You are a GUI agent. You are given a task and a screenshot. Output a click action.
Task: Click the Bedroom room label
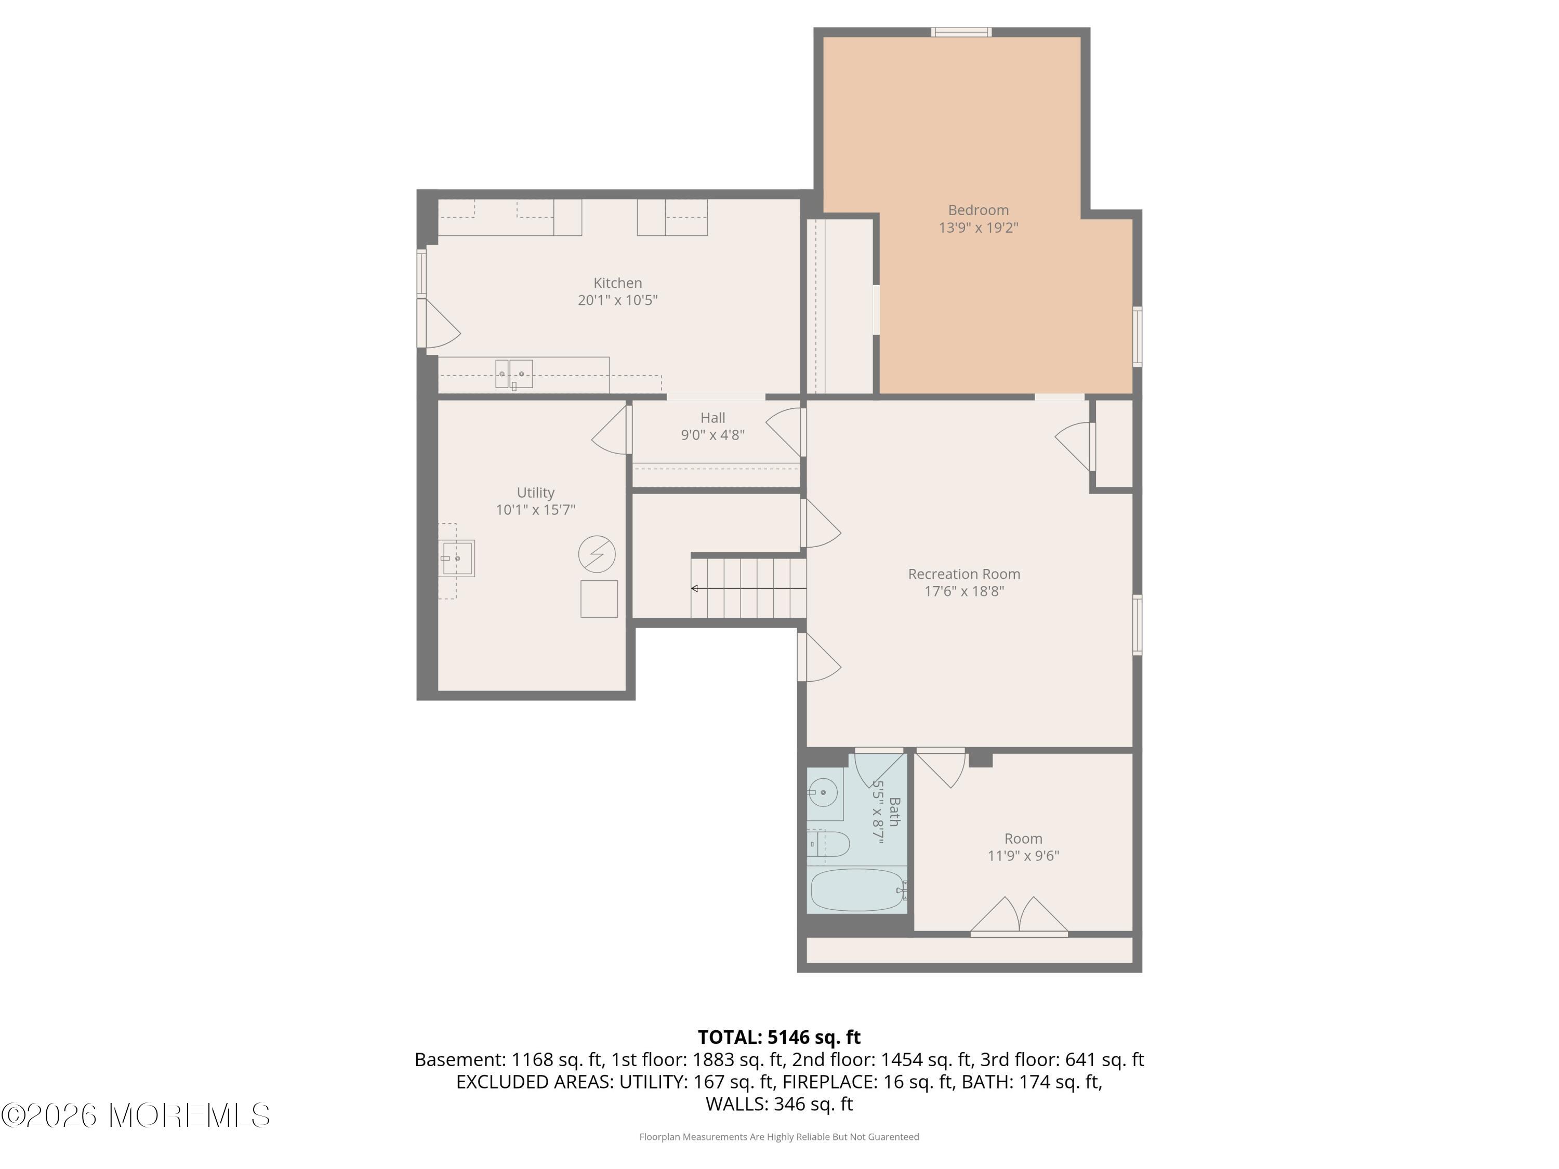(978, 210)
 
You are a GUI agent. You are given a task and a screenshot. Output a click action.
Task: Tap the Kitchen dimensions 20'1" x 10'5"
(617, 300)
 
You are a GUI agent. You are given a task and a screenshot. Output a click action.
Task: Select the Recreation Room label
(964, 574)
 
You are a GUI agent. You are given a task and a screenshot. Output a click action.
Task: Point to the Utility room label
(536, 493)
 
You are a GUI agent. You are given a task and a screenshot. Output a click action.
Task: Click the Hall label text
(712, 418)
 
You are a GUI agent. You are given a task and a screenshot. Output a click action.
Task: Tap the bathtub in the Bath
(857, 890)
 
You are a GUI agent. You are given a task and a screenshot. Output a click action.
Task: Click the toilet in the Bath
(829, 843)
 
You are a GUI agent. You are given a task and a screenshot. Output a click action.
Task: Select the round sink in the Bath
(823, 793)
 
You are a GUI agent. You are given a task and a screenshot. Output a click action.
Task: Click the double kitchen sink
(514, 374)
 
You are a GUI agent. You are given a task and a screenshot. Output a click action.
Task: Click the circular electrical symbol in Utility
(597, 554)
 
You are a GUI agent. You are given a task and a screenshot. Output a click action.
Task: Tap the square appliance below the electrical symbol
(599, 599)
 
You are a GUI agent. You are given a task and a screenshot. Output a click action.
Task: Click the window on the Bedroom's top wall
(961, 32)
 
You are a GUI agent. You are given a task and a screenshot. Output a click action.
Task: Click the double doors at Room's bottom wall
(1019, 916)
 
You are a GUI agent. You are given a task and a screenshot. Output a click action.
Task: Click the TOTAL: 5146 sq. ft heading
(780, 1037)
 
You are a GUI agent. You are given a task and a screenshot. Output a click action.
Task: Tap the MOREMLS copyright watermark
(135, 1115)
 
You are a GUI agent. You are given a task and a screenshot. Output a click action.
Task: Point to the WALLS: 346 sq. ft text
(780, 1104)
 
